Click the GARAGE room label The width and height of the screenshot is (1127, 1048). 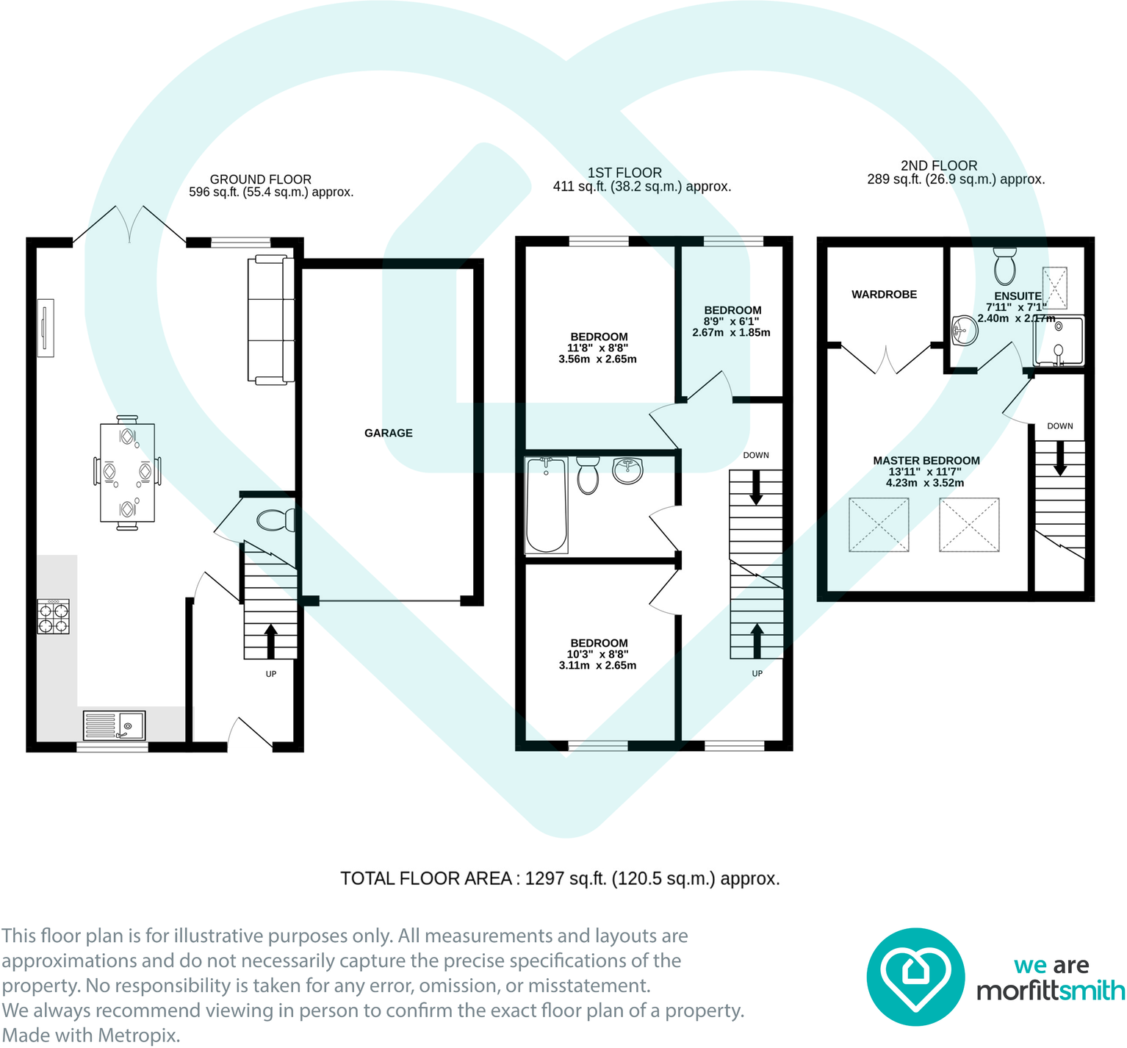(x=388, y=433)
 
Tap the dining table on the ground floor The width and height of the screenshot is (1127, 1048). (x=127, y=472)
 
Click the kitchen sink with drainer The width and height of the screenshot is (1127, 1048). (x=114, y=725)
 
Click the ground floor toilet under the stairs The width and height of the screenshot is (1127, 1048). (x=276, y=520)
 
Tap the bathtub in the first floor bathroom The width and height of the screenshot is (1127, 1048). (x=546, y=505)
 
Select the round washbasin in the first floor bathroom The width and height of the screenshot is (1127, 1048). (x=627, y=471)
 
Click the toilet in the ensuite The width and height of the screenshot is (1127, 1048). (x=1004, y=265)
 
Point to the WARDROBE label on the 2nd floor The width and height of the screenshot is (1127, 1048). (x=884, y=294)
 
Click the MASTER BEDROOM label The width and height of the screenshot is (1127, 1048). (x=926, y=460)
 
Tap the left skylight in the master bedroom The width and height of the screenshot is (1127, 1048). (x=879, y=525)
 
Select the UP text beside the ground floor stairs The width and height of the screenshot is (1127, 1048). (x=271, y=674)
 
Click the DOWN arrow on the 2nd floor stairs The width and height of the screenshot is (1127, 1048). (x=1059, y=459)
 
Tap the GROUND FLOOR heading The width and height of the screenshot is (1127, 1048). (x=260, y=179)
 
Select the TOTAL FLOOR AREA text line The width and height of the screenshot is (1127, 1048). (x=560, y=878)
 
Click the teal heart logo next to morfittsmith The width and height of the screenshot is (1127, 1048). (x=915, y=977)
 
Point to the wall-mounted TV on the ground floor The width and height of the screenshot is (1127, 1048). (x=46, y=329)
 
